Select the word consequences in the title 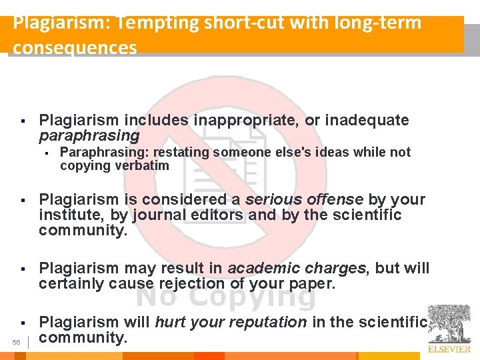point(75,48)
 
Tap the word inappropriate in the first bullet point(246,121)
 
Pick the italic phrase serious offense point(304,199)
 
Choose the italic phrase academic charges point(297,269)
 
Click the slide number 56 point(17,342)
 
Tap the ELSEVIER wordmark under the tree point(449,349)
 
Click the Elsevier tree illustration point(449,323)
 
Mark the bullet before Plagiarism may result point(23,269)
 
